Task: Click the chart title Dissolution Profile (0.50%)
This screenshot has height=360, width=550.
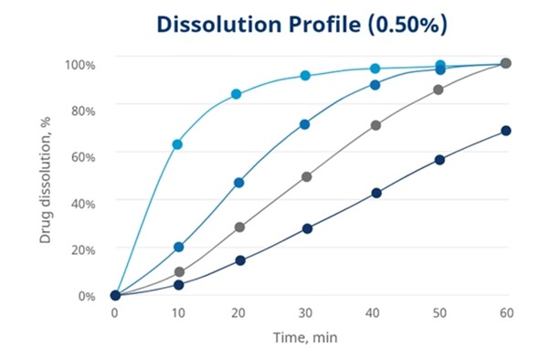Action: pos(301,25)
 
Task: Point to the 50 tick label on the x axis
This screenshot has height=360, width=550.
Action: pos(439,312)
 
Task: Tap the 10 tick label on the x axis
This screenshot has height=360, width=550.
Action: pos(179,312)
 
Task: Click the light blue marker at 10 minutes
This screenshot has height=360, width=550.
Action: pos(177,144)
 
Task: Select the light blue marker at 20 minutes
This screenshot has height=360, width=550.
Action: pos(237,94)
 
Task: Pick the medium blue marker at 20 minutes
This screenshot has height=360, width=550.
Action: pos(239,183)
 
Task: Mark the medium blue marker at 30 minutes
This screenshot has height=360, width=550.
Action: pos(305,124)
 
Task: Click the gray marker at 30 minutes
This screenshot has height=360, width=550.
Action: pos(306,176)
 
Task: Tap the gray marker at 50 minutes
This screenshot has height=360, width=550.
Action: pos(439,90)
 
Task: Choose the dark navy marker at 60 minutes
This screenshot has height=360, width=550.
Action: pos(506,131)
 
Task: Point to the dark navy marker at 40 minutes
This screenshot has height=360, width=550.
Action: pos(375,193)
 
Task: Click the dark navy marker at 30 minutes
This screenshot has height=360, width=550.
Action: pos(308,228)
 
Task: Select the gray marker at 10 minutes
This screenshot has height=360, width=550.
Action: pos(179,272)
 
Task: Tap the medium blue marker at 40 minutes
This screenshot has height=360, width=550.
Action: pos(375,85)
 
